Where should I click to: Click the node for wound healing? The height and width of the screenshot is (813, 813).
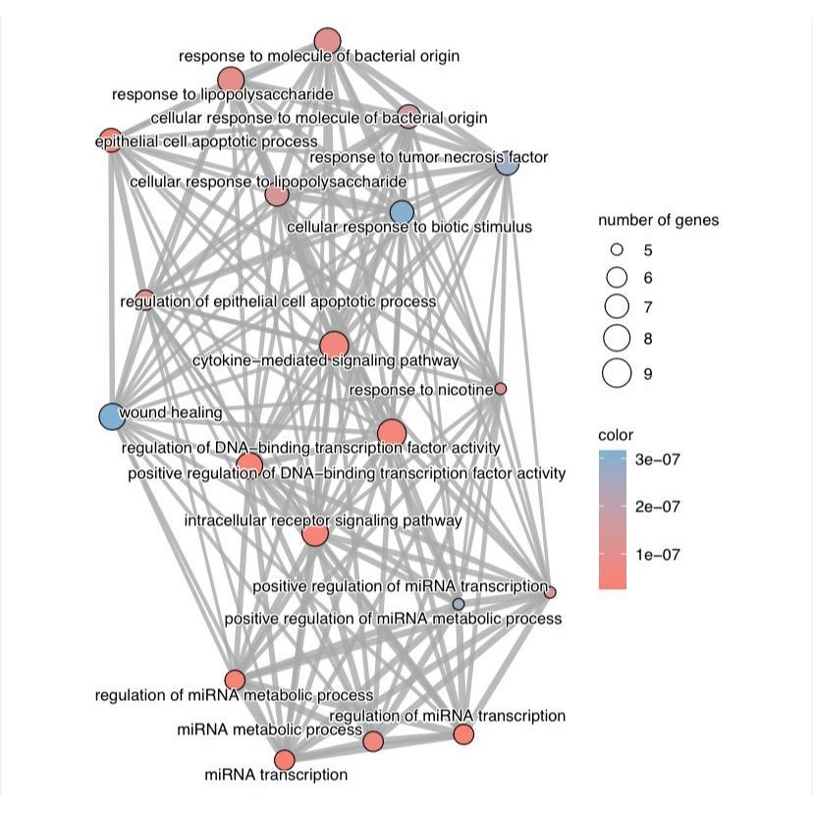(x=111, y=416)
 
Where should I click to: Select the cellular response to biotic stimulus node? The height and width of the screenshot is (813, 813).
(x=402, y=212)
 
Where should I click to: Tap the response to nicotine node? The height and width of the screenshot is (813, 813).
(x=501, y=389)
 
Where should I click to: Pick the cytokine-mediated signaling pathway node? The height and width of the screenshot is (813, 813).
(x=334, y=346)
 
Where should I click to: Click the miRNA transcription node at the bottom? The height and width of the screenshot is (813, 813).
(x=284, y=760)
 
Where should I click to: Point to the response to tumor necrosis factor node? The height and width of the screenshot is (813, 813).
(x=507, y=164)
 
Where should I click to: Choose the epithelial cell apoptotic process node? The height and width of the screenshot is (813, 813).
(x=111, y=139)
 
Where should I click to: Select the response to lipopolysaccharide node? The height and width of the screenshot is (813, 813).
(x=231, y=80)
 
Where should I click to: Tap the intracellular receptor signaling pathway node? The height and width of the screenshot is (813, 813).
(x=314, y=534)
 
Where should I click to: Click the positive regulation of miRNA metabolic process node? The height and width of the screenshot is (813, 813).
(x=458, y=603)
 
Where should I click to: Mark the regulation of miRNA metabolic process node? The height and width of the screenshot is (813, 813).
(x=235, y=679)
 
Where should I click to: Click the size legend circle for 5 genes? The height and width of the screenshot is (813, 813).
(x=618, y=250)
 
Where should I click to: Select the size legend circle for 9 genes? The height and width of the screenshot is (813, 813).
(x=618, y=373)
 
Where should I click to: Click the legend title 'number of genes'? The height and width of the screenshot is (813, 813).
(x=658, y=220)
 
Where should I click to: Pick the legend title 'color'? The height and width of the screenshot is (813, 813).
(x=616, y=435)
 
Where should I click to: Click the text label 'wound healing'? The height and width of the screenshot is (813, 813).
(x=171, y=413)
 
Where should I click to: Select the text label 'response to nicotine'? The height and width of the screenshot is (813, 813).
(x=420, y=391)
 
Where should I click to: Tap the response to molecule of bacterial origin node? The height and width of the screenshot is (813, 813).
(x=327, y=41)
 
